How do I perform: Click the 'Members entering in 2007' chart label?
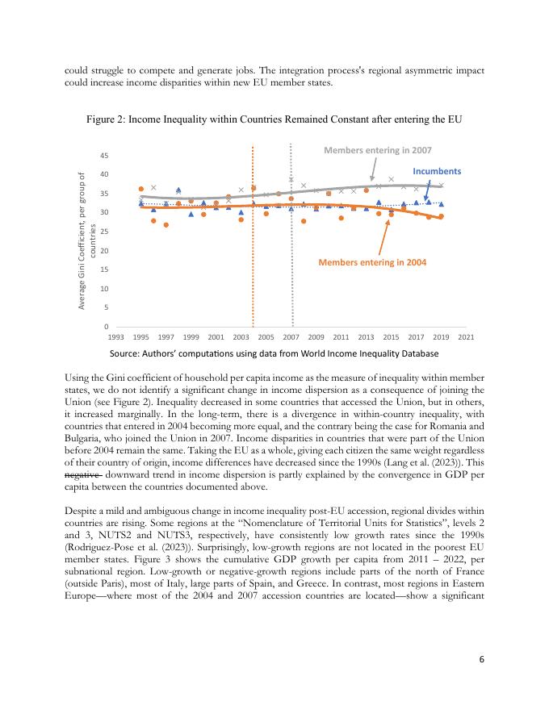377,150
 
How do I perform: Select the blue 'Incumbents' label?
437,172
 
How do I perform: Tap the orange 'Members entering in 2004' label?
371,262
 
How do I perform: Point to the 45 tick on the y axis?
107,155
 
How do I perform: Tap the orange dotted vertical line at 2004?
253,242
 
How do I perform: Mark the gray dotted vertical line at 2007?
291,242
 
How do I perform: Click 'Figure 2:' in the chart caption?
108,120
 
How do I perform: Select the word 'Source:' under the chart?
127,353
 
